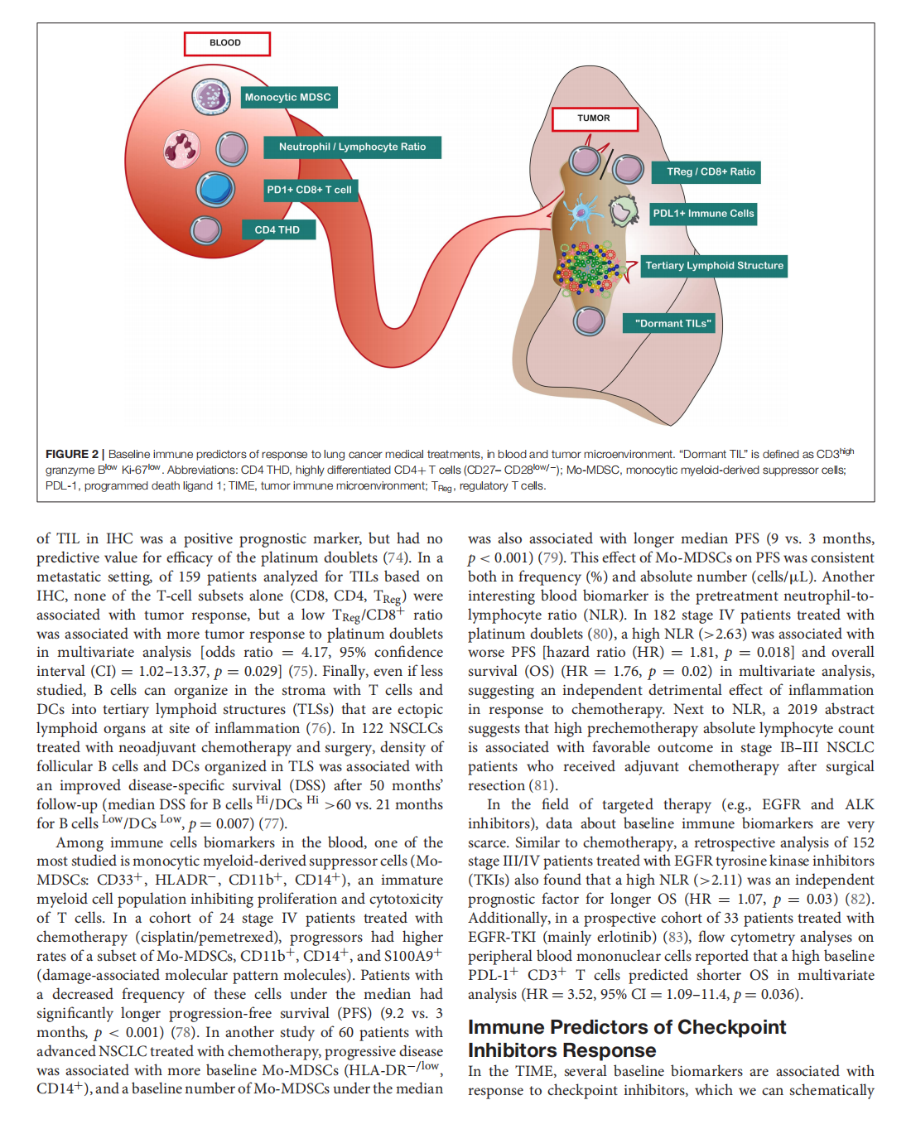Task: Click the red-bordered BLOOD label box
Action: click(x=227, y=43)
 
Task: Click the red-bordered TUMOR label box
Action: click(x=595, y=118)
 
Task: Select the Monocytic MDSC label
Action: click(x=288, y=98)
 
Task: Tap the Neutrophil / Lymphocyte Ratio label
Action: click(x=352, y=147)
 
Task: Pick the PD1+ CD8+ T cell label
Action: click(x=310, y=190)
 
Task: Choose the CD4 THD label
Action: click(x=278, y=229)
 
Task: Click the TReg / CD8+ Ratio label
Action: click(x=711, y=172)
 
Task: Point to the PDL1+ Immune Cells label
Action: click(x=703, y=214)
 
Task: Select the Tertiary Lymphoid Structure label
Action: click(x=714, y=266)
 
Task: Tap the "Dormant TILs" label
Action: click(x=673, y=323)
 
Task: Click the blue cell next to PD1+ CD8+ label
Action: click(x=215, y=189)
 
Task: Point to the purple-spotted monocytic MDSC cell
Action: click(x=211, y=97)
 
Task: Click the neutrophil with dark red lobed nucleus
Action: click(x=181, y=150)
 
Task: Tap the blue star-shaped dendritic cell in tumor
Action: click(x=586, y=210)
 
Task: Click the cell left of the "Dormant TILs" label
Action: click(x=590, y=320)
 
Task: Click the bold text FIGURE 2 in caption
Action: click(x=71, y=454)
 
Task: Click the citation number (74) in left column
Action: click(x=396, y=558)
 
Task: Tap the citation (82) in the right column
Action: click(x=859, y=899)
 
